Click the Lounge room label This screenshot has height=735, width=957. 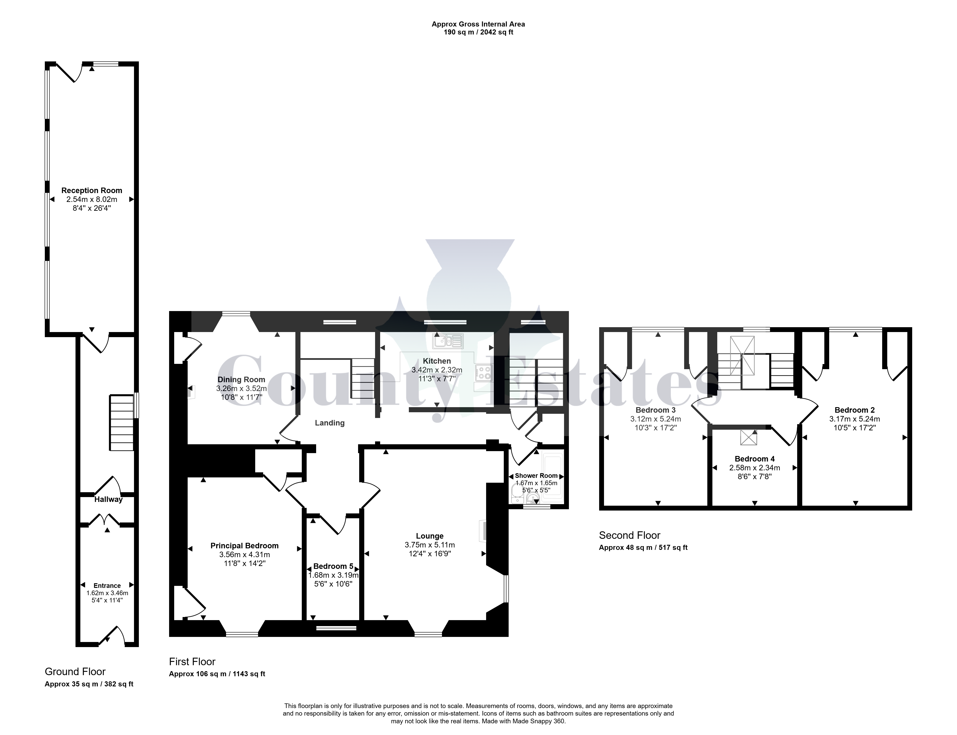(x=430, y=536)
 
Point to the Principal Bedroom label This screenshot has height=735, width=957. (x=244, y=546)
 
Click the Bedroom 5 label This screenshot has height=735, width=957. (x=333, y=566)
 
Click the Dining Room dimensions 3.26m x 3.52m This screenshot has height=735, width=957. (x=241, y=389)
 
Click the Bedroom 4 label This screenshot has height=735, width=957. (x=755, y=459)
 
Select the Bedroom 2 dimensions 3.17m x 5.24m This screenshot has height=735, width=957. (x=855, y=419)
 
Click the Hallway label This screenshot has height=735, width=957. (x=108, y=499)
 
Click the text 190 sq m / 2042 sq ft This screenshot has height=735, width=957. (x=478, y=32)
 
